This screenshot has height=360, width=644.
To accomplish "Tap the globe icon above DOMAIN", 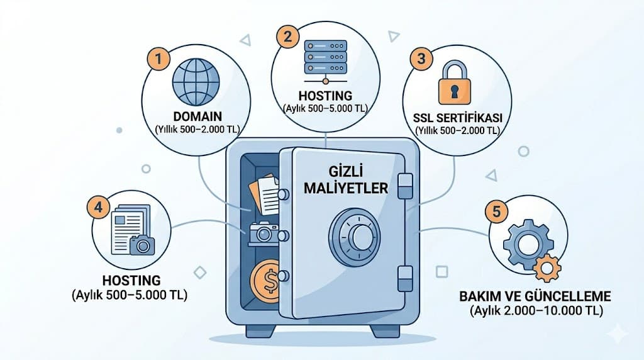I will click(x=196, y=82).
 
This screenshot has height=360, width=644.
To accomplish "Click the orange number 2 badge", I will click(x=288, y=36).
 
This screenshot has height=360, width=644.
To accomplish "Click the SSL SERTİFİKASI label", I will click(x=457, y=118).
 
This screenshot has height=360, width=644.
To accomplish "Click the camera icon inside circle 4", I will click(x=142, y=244).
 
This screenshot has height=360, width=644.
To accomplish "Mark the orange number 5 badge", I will click(x=497, y=212).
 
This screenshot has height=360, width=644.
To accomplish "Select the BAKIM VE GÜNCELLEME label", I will click(x=536, y=296).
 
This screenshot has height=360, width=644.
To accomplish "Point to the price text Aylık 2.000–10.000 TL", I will click(x=536, y=311).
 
